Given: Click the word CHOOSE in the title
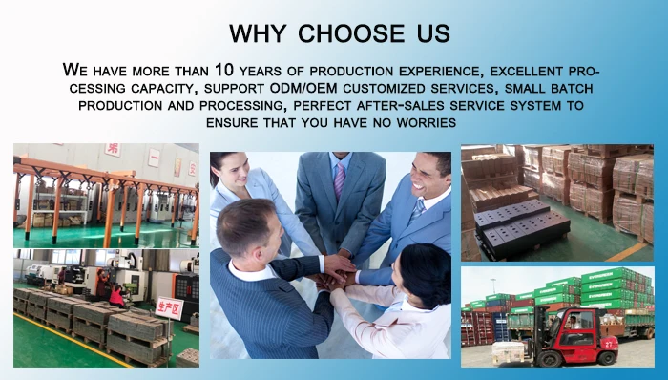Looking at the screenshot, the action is point(351,33).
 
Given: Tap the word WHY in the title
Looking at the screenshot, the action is point(258,33).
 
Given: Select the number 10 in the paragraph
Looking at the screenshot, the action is point(224,70).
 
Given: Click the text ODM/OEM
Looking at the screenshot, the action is point(303,88).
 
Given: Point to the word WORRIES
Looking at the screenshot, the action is point(427,123).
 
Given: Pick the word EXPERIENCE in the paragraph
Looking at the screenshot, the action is point(441,72).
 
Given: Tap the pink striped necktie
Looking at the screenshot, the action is point(340,180).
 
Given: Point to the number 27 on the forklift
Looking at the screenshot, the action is point(609,343).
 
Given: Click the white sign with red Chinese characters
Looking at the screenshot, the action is point(169,307).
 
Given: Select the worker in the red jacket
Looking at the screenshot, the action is point(115,294).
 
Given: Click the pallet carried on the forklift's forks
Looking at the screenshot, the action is point(508,352).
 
